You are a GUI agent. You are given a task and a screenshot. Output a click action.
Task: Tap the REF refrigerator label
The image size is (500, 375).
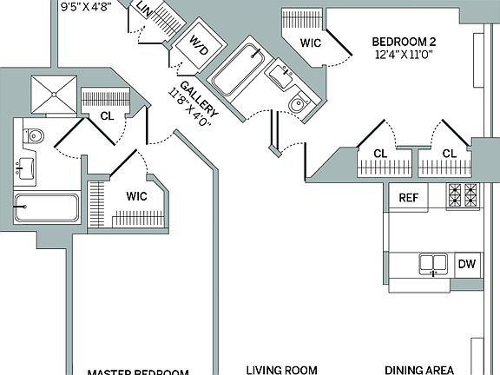tap(409, 198)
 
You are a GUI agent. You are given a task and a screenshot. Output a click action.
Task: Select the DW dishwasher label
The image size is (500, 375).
tap(465, 263)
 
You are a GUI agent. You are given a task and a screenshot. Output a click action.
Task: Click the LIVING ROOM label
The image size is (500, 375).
tap(280, 368)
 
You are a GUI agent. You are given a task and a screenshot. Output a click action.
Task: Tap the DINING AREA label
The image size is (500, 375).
tap(419, 368)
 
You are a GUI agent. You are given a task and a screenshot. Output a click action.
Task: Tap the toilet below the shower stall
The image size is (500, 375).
tap(34, 136)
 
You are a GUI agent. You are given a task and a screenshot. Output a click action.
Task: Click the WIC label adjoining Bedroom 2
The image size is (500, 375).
tap(312, 43)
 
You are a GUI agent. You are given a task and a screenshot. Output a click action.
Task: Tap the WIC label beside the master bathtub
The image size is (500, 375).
tap(137, 195)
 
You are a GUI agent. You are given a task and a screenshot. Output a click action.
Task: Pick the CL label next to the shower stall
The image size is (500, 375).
tap(107, 115)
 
